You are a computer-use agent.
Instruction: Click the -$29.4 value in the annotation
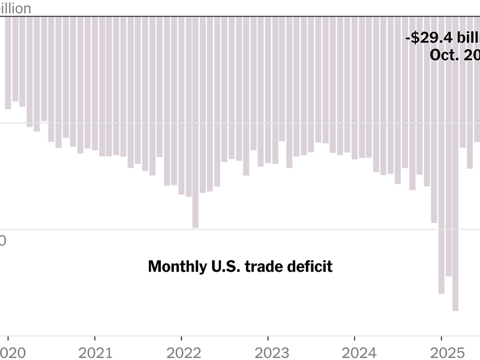coord(428,38)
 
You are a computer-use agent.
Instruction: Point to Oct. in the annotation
coord(445,55)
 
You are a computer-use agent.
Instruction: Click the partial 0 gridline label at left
coord(3,241)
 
